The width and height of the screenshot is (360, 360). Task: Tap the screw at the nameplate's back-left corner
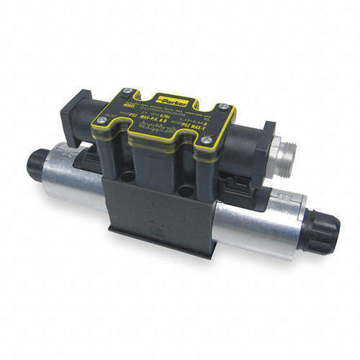pyautogui.click(x=127, y=91)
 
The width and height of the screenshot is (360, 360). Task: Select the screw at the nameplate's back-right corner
pyautogui.click(x=224, y=107)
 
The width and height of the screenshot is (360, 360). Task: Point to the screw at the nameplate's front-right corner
pyautogui.click(x=207, y=140)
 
